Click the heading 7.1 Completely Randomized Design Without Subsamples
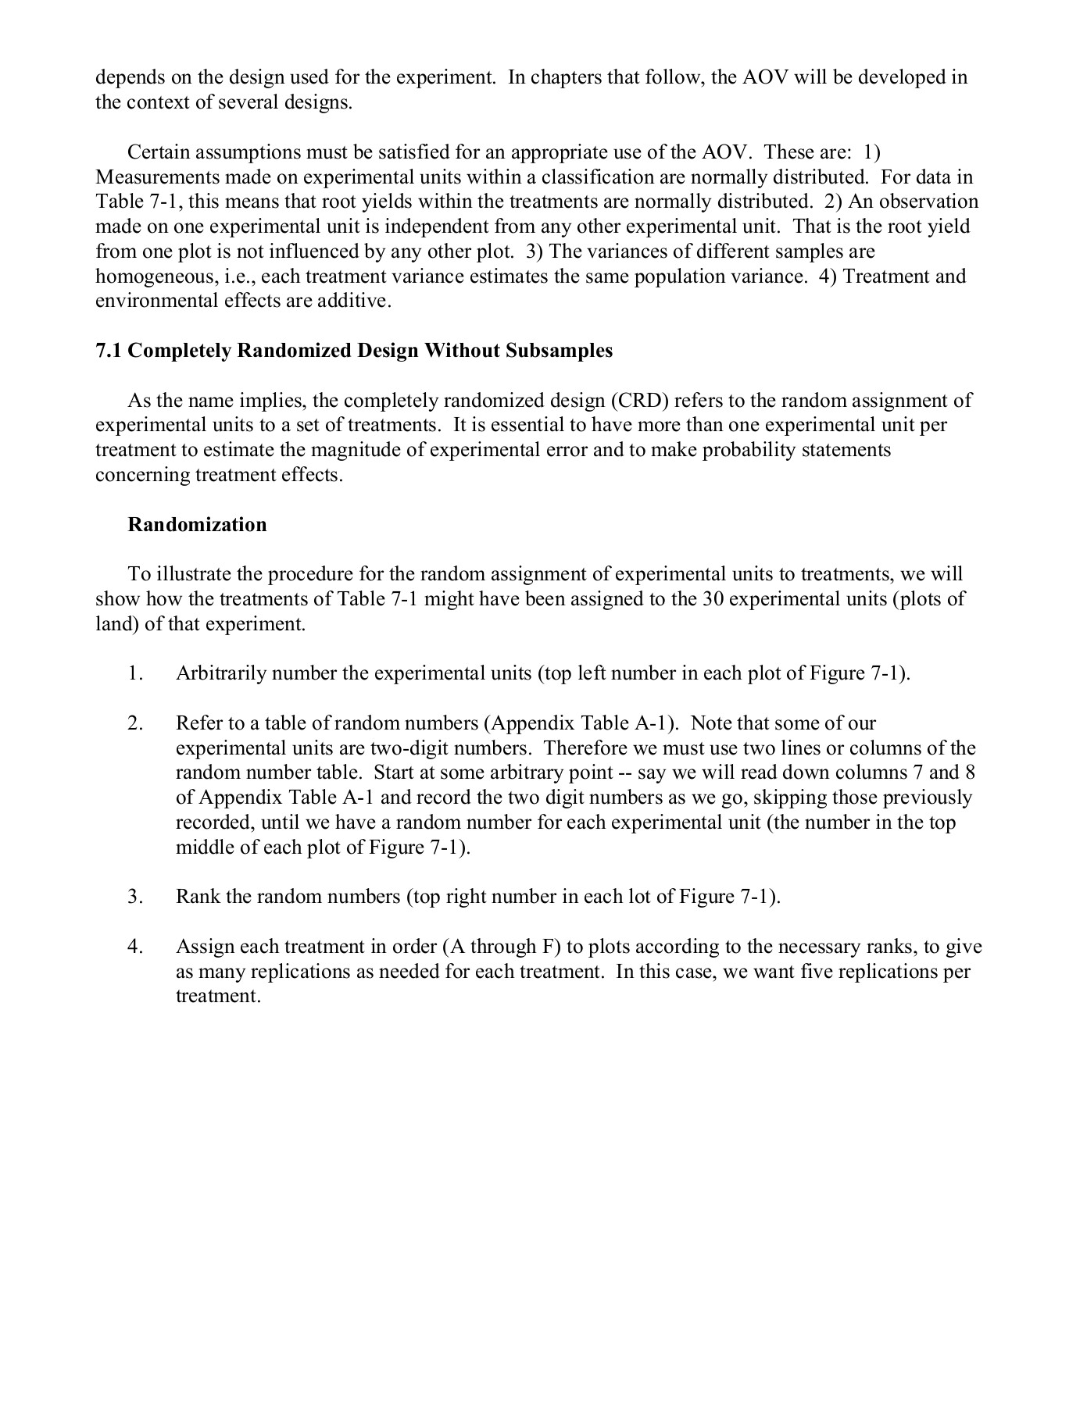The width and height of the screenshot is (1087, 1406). click(x=354, y=351)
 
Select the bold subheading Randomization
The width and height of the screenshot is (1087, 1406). click(x=197, y=524)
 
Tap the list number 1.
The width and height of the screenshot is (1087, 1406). click(x=135, y=673)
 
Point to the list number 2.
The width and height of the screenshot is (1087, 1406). click(x=135, y=723)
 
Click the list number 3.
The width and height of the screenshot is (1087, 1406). click(x=135, y=897)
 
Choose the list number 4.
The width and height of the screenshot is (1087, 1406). click(x=135, y=947)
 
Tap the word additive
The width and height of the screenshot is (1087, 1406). click(x=352, y=302)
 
